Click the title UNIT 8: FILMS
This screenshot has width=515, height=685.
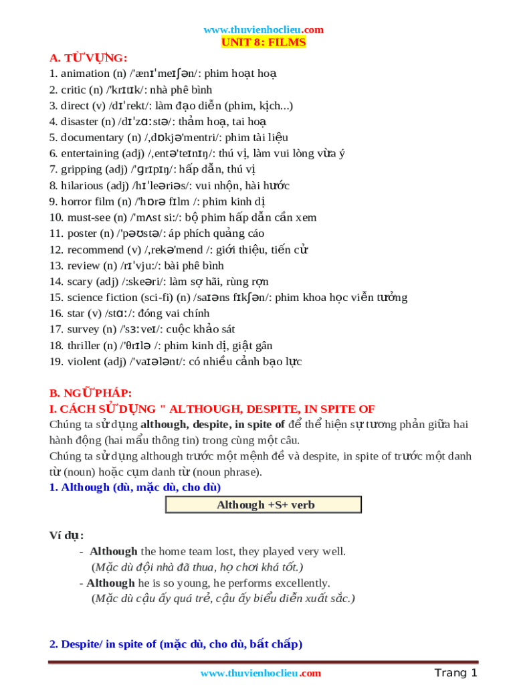pos(264,42)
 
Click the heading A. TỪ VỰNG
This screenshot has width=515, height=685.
pos(88,58)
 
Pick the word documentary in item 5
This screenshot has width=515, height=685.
pos(92,138)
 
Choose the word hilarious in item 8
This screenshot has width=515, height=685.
pos(83,185)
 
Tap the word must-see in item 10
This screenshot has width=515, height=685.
pos(90,217)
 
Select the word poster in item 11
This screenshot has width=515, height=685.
pos(82,233)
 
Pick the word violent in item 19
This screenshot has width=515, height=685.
pos(84,362)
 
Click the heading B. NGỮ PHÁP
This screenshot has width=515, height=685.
pos(91,393)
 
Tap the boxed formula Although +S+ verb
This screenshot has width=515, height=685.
pos(264,504)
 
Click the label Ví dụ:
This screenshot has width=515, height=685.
pos(67,536)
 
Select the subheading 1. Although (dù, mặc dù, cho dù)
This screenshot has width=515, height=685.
pos(135,487)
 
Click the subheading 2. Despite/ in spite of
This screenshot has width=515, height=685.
pos(176,644)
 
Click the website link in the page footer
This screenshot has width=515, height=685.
pos(261,673)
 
